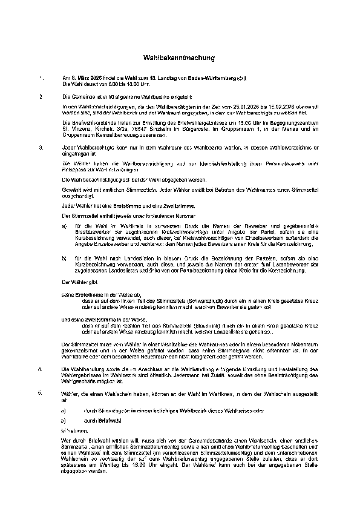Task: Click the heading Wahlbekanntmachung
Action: point(179,58)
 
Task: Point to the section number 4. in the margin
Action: point(41,368)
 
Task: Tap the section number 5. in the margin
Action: point(41,394)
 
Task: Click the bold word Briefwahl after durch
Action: point(110,419)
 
